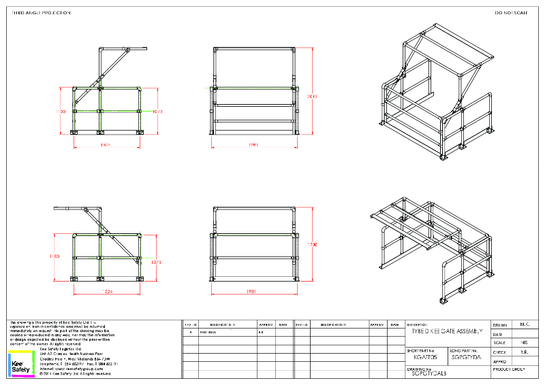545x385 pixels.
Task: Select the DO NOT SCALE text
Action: (511, 13)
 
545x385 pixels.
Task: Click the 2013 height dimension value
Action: (313, 96)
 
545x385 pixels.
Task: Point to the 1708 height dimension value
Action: (313, 244)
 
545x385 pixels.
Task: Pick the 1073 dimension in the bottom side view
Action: (157, 261)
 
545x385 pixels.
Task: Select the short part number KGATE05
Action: (426, 356)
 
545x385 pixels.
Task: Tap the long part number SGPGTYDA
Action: (467, 356)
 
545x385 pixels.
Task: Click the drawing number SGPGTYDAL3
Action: (429, 373)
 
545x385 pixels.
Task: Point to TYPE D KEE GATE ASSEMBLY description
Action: (447, 331)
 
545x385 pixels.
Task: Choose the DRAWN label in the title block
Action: (500, 324)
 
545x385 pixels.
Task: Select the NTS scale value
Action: (524, 343)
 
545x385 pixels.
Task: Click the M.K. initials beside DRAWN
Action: (524, 324)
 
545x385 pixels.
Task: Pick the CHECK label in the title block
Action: (499, 352)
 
